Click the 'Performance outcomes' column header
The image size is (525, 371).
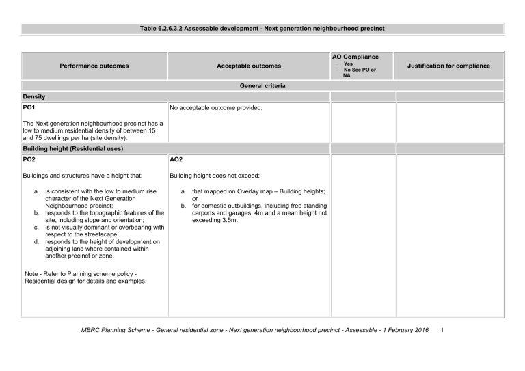pyautogui.click(x=94, y=66)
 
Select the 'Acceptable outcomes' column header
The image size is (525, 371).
pyautogui.click(x=249, y=66)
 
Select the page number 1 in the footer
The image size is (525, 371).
pyautogui.click(x=443, y=331)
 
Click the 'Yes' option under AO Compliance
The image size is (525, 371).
pyautogui.click(x=348, y=64)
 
